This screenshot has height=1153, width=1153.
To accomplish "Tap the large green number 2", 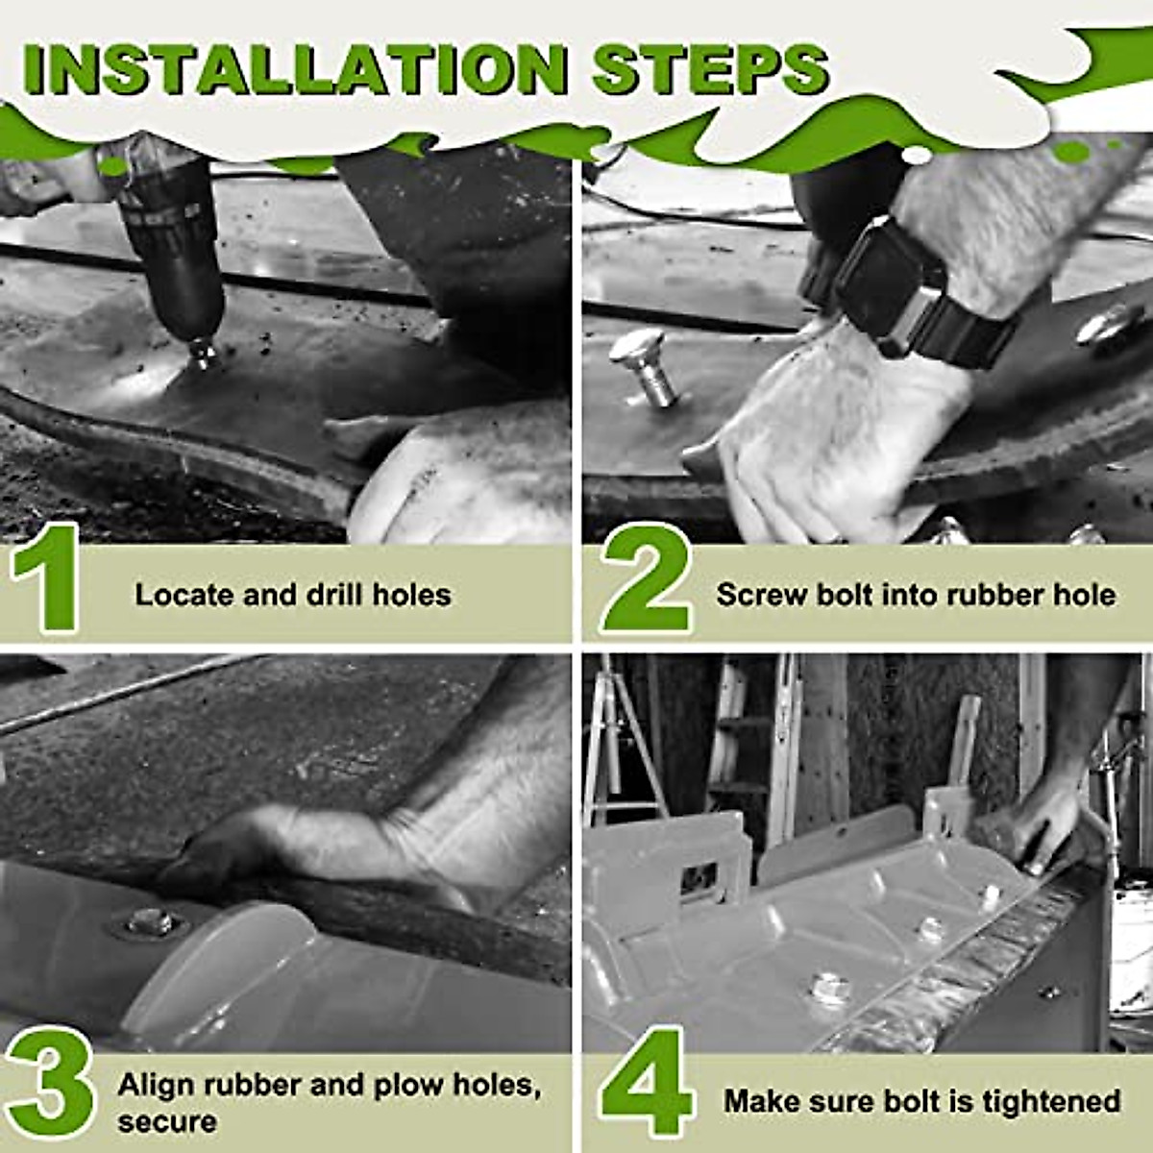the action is click(x=647, y=578).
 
